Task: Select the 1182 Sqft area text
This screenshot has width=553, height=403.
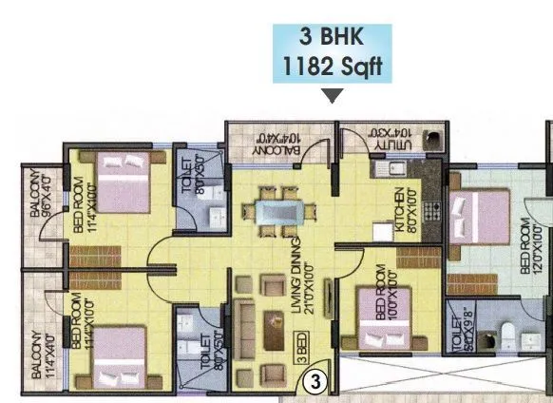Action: click(x=331, y=67)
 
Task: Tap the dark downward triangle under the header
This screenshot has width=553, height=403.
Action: click(x=332, y=96)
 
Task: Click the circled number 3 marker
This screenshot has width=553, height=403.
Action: click(x=318, y=382)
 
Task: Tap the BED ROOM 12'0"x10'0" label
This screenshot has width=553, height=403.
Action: click(x=532, y=245)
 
